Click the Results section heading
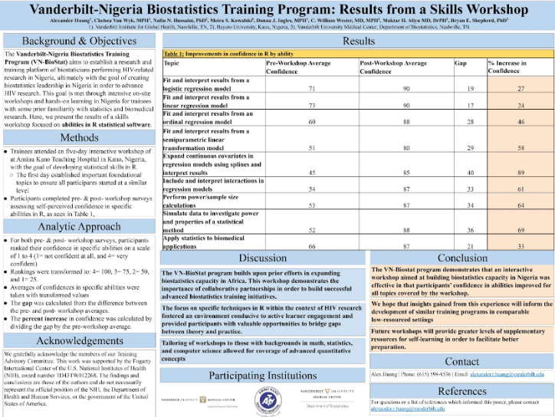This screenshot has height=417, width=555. [x=358, y=41]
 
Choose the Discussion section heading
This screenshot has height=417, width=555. [x=263, y=258]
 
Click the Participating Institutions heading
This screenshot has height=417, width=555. [x=263, y=376]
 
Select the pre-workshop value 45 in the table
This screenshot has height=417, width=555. [x=313, y=172]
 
